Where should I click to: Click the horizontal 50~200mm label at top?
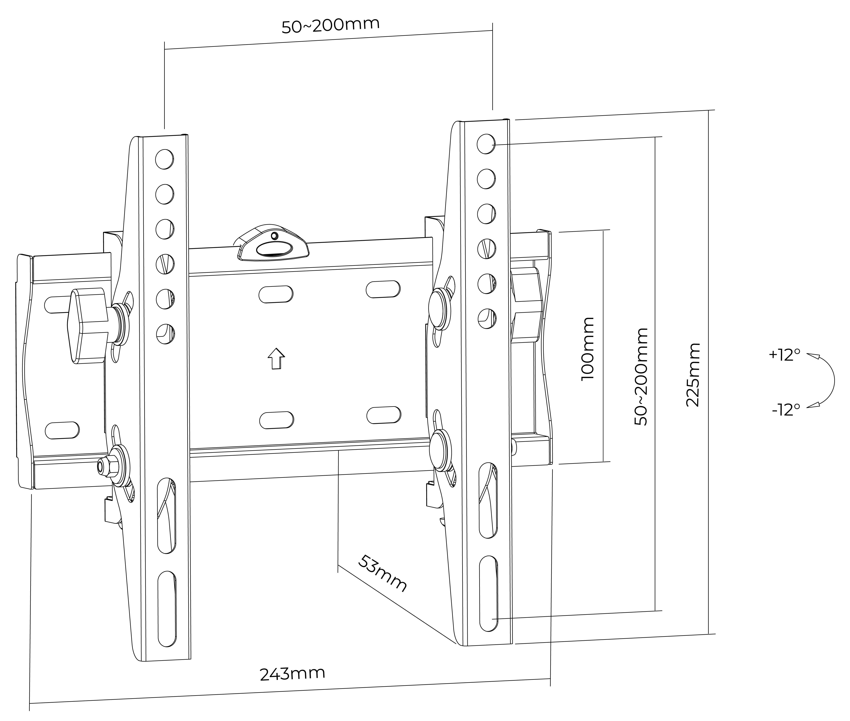click(330, 25)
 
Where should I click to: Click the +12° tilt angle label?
click(784, 355)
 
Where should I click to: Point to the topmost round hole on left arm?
click(164, 159)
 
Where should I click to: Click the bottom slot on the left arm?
click(167, 609)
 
